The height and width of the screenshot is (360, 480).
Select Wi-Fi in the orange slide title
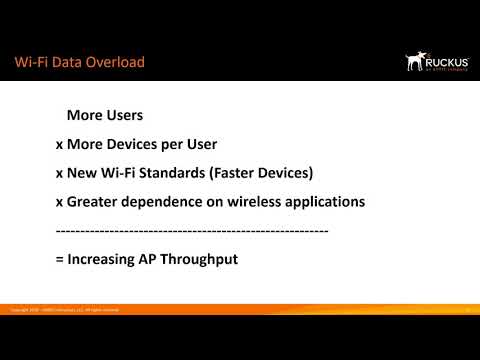30,63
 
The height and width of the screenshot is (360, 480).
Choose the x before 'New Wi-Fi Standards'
59,172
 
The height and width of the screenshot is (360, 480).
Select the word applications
327,201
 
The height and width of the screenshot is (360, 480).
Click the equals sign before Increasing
59,258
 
